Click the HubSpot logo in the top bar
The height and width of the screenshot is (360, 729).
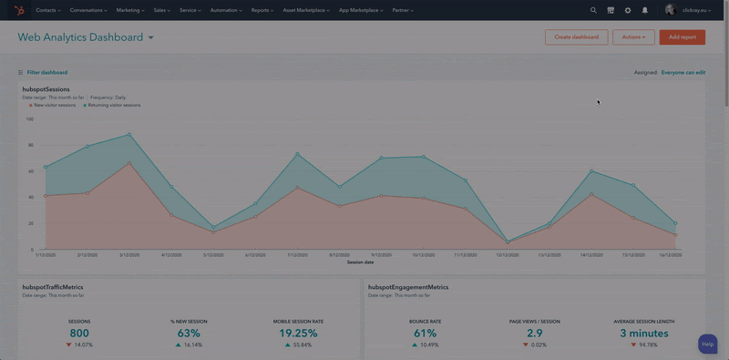click(x=19, y=10)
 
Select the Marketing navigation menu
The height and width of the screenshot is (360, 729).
click(x=130, y=10)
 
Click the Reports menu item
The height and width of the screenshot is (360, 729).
click(x=262, y=10)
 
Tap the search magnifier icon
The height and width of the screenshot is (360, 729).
click(x=593, y=10)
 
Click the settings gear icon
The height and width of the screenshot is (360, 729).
click(x=628, y=10)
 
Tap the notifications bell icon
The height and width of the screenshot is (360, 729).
click(x=645, y=10)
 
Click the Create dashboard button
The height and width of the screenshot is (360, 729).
click(x=576, y=37)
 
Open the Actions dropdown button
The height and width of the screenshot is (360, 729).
click(x=633, y=37)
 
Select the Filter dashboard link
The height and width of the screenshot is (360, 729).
click(x=46, y=72)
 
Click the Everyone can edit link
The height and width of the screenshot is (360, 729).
click(x=683, y=72)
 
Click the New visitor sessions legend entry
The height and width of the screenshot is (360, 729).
click(x=55, y=105)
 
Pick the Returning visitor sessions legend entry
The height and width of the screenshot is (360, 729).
click(x=114, y=105)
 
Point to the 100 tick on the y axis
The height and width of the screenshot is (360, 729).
click(x=29, y=118)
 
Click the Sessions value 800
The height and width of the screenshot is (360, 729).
click(x=79, y=334)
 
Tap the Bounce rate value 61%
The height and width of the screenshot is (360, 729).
click(x=425, y=334)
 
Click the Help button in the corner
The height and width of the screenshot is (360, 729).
click(x=708, y=345)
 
